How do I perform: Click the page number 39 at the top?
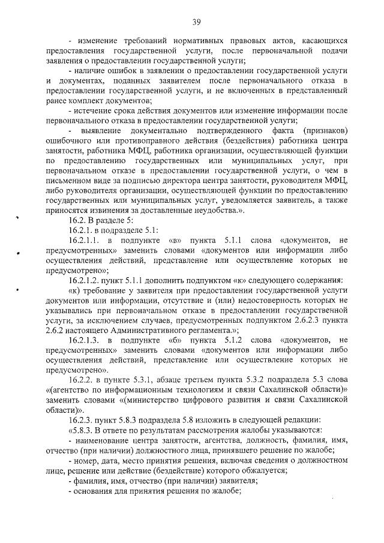196,23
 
